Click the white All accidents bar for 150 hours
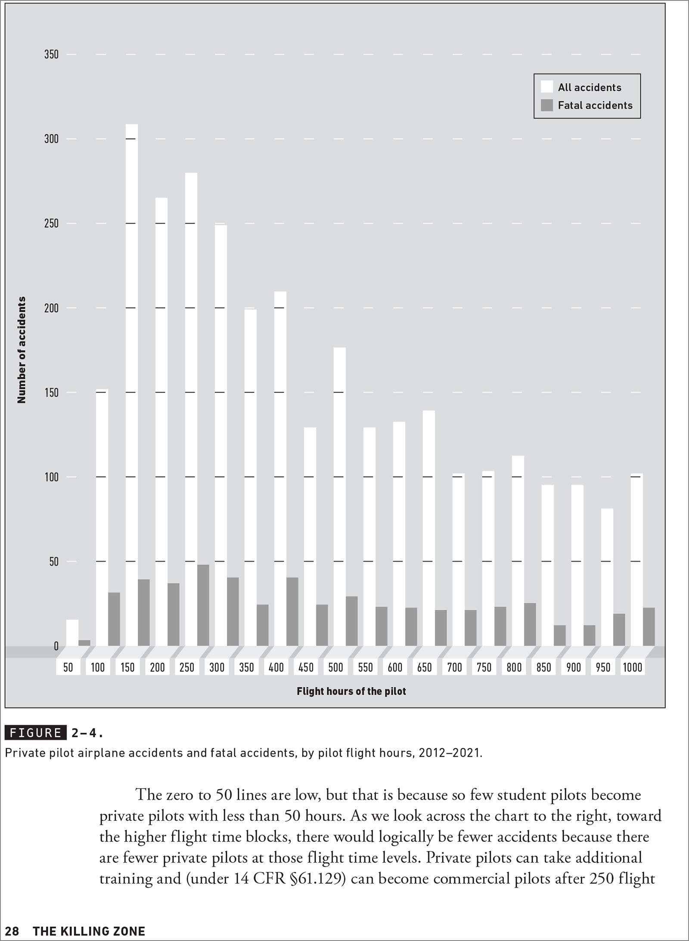[x=132, y=385]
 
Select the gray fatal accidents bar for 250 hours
[x=203, y=606]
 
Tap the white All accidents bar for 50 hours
[x=72, y=633]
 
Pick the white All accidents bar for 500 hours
[x=340, y=497]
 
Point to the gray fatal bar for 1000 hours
[x=649, y=627]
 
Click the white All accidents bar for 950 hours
[x=607, y=577]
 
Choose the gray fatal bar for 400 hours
[x=292, y=612]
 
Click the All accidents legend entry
[x=581, y=87]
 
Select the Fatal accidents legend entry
[x=587, y=105]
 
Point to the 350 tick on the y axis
[x=51, y=54]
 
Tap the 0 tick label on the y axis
[x=56, y=646]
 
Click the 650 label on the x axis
[x=425, y=668]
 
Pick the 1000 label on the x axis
[x=633, y=668]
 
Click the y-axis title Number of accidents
[x=22, y=350]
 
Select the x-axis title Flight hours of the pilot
[x=351, y=691]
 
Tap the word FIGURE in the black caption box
[x=35, y=733]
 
